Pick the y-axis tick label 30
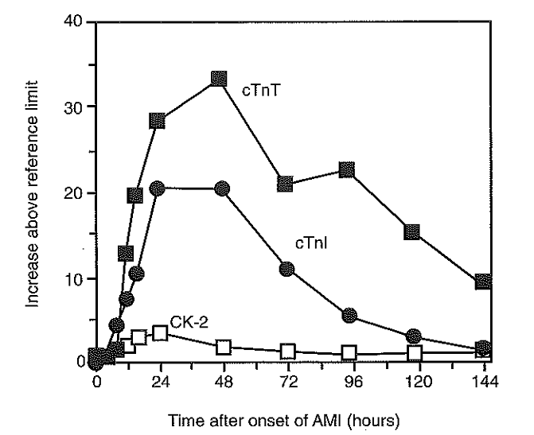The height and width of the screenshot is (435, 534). coord(77,107)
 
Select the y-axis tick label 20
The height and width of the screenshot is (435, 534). coord(77,193)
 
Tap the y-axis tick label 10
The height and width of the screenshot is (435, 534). coord(77,279)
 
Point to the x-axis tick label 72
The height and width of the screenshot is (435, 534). coord(287,381)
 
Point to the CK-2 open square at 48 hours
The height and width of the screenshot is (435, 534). coord(224,347)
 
